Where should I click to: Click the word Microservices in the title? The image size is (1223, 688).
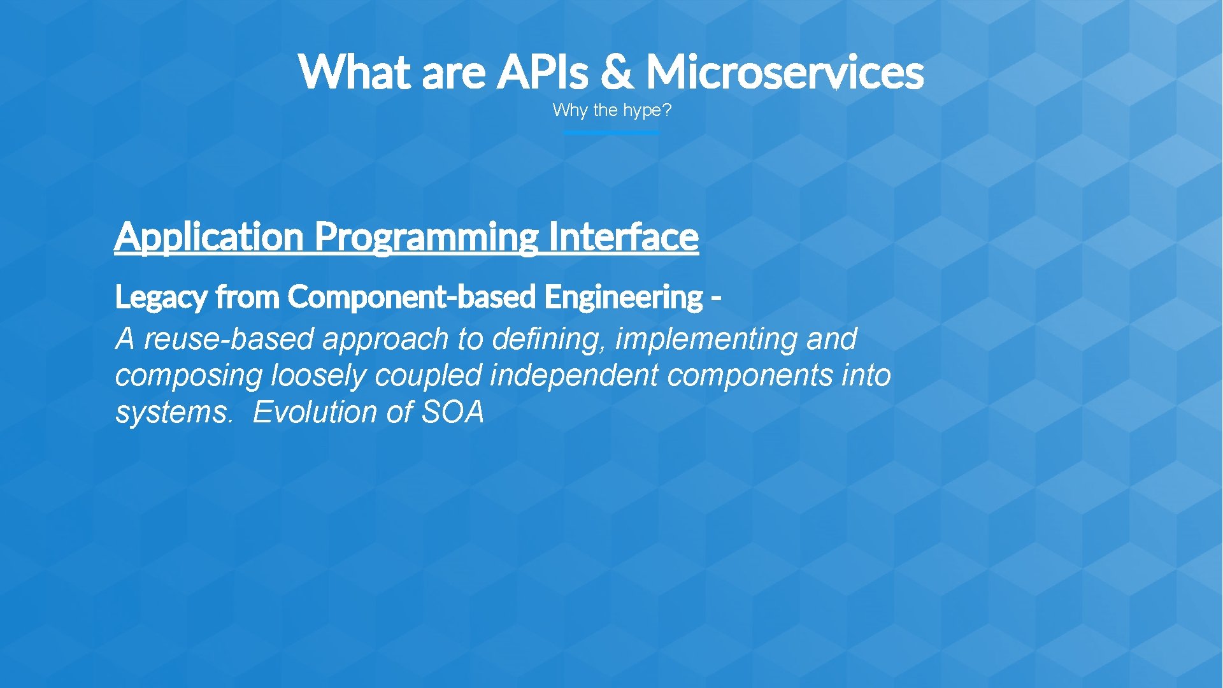[x=784, y=71]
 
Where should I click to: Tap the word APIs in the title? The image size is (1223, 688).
[x=542, y=71]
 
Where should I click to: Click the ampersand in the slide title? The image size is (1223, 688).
[x=617, y=71]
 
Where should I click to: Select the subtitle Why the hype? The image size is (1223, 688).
[x=611, y=110]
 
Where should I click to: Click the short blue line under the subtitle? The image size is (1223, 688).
[x=611, y=133]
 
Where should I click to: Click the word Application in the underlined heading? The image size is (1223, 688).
[x=209, y=236]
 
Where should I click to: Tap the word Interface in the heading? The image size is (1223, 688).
[x=622, y=236]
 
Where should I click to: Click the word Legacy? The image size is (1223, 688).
[x=161, y=297]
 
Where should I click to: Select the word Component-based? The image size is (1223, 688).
[x=411, y=297]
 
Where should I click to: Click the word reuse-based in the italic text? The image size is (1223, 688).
[x=229, y=339]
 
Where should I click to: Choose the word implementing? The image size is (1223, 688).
[x=706, y=339]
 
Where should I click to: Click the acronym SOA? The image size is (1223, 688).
[x=453, y=412]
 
